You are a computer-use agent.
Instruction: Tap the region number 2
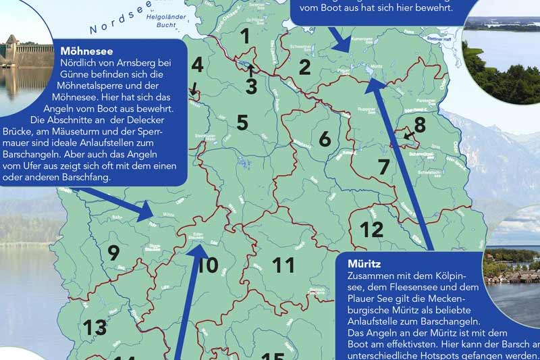(x=304, y=67)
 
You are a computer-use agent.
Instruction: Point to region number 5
(x=242, y=122)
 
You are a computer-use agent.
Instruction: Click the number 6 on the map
(x=325, y=138)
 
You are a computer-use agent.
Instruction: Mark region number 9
(x=113, y=253)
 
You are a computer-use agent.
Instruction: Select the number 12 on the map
(x=371, y=230)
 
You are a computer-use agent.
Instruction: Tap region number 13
(x=94, y=328)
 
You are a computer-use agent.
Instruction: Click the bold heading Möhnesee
(x=86, y=51)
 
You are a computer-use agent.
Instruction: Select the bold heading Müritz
(x=364, y=264)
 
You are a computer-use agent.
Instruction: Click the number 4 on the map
(x=197, y=66)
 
